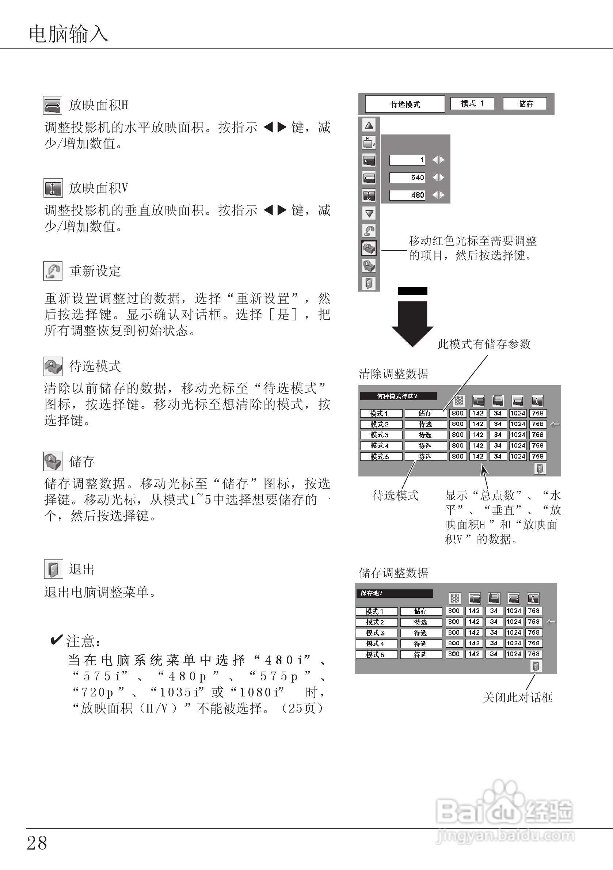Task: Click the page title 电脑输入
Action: click(69, 34)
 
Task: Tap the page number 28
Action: click(37, 843)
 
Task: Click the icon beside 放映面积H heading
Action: click(52, 105)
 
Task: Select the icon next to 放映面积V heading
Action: click(53, 188)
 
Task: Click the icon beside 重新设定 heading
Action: click(53, 271)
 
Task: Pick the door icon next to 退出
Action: click(53, 569)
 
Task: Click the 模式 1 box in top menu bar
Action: click(472, 103)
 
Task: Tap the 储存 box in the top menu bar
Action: click(525, 104)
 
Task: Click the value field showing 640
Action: click(407, 177)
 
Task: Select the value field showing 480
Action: click(407, 195)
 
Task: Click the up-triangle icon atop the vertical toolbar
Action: click(369, 125)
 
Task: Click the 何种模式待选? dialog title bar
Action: click(398, 396)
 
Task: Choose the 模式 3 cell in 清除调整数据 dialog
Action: click(380, 435)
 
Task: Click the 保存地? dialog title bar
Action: click(394, 593)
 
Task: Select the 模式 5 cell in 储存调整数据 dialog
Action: click(376, 654)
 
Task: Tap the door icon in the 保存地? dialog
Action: click(536, 666)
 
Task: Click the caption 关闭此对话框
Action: click(518, 698)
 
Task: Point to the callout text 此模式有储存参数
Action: click(484, 344)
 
